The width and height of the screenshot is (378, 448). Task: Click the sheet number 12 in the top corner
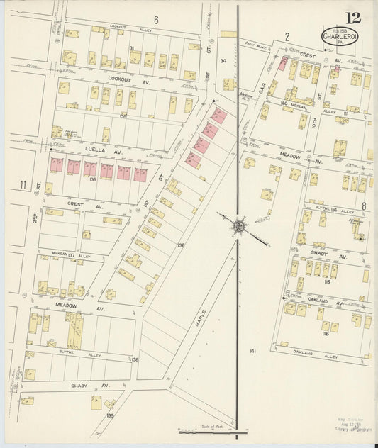tap(352, 18)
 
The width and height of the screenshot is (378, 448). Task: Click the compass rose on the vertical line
tap(238, 226)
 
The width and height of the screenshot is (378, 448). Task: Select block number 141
tap(252, 351)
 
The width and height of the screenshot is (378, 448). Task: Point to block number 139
tap(110, 415)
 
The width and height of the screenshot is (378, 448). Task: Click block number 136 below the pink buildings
tap(92, 179)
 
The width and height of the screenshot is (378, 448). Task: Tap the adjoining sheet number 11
tap(23, 186)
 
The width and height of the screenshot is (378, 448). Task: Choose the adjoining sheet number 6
tap(155, 18)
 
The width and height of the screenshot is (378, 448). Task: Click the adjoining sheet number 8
tap(363, 207)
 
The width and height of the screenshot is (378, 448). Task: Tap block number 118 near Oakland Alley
tap(326, 333)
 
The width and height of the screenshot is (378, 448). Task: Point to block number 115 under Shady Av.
tap(326, 282)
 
